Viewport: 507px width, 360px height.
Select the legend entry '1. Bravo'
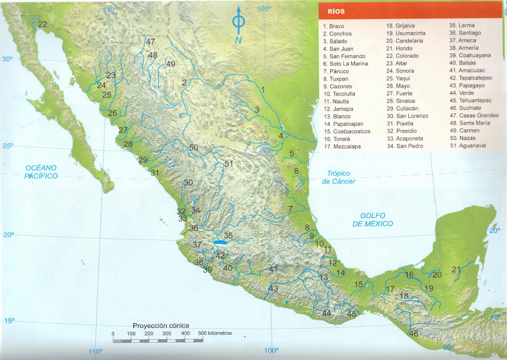click(334, 26)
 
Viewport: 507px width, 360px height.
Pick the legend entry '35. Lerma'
click(462, 25)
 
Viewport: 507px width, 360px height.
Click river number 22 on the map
click(43, 25)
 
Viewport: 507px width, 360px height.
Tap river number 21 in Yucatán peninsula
click(456, 269)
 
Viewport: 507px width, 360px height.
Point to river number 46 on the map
click(414, 333)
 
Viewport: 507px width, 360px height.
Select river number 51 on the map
click(229, 163)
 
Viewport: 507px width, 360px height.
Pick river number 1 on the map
click(264, 89)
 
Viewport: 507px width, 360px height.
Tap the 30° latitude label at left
click(7, 59)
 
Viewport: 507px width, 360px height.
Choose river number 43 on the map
click(273, 288)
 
